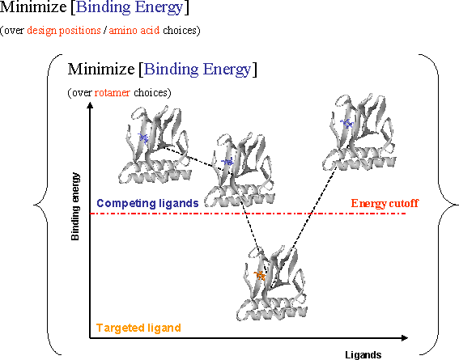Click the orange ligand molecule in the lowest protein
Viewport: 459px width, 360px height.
pyautogui.click(x=260, y=275)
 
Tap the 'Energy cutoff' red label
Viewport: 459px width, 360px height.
pyautogui.click(x=385, y=203)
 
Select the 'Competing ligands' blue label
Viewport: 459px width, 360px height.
pyautogui.click(x=147, y=203)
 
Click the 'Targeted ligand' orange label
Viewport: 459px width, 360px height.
pyautogui.click(x=138, y=328)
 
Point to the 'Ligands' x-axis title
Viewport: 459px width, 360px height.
pyautogui.click(x=363, y=354)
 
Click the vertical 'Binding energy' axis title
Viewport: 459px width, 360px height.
pyautogui.click(x=75, y=206)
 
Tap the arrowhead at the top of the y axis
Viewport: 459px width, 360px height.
pyautogui.click(x=90, y=105)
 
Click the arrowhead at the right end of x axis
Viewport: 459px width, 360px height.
pyautogui.click(x=404, y=338)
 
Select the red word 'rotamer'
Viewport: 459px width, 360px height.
pyautogui.click(x=112, y=93)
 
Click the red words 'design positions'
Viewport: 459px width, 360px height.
pyautogui.click(x=64, y=31)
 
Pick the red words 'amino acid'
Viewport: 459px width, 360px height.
pyautogui.click(x=134, y=30)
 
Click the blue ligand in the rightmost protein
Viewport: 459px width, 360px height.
pyautogui.click(x=347, y=124)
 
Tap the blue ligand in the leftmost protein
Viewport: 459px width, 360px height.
pyautogui.click(x=143, y=138)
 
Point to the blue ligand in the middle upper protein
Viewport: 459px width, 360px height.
pyautogui.click(x=227, y=162)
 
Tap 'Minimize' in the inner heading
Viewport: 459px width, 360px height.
pyautogui.click(x=101, y=70)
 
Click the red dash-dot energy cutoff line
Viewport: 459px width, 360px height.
pyautogui.click(x=248, y=214)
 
